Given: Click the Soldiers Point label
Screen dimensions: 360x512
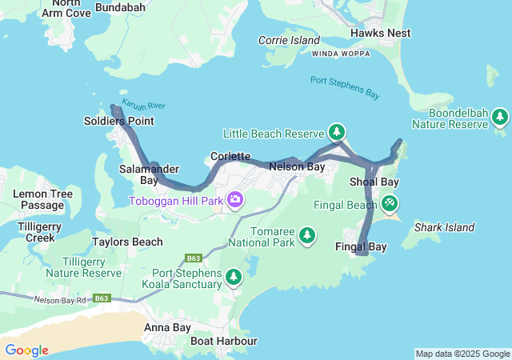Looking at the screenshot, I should pos(118,122).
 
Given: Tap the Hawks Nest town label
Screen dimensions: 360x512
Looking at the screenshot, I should pos(381,33).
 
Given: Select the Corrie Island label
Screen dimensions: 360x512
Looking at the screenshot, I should pos(289,40).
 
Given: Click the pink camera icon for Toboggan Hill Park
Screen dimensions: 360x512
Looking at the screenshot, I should pos(235,198).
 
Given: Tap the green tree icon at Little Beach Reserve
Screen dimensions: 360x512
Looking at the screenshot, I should pos(337,132).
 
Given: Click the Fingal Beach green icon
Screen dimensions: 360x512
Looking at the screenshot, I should pos(389,204).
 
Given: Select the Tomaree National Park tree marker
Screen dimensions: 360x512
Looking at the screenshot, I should pos(306,235).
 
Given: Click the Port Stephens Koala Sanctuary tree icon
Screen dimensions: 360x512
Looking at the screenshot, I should pos(233,277).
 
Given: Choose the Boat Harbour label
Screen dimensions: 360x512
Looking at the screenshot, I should pos(224,342).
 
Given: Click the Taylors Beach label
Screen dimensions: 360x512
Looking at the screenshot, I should pos(127,242).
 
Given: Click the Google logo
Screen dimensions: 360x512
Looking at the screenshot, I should pos(26,350).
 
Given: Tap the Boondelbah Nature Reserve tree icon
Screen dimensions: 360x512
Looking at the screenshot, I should pos(500,118).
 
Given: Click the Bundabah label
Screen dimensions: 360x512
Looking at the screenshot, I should pos(120,7).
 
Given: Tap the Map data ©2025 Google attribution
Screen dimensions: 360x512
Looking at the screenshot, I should pos(462,354).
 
